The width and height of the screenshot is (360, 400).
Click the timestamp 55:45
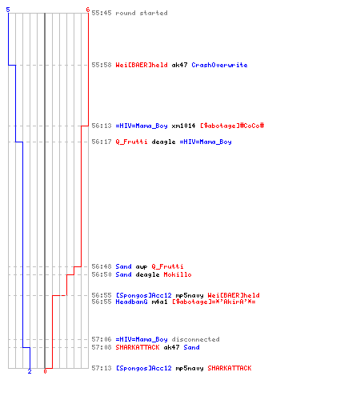[x=102, y=13]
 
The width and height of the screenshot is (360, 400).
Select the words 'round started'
[x=142, y=13]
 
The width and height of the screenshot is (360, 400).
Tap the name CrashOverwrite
[x=219, y=65]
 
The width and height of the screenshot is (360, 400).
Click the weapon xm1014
[x=183, y=126]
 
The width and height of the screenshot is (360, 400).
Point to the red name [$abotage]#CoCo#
[x=232, y=126]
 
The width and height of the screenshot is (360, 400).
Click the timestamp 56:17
[x=102, y=142]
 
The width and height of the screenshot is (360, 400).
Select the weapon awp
[x=142, y=266]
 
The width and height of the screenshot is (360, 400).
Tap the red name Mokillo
[x=178, y=274]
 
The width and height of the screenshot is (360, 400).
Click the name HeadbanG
[x=131, y=302]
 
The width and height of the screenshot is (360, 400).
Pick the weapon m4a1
[x=159, y=302]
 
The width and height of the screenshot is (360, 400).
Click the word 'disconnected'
[x=195, y=339]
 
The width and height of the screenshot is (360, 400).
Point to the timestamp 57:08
[x=102, y=347]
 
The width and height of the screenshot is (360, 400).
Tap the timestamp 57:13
[x=102, y=368]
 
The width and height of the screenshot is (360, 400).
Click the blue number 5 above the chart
[x=8, y=10]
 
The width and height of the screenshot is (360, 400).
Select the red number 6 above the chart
[x=88, y=10]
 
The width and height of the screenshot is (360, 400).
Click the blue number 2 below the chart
[x=30, y=371]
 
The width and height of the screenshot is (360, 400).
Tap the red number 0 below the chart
[x=45, y=371]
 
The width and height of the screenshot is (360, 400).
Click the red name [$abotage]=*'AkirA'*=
[x=214, y=302]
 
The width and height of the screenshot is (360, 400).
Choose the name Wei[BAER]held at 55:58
[x=142, y=65]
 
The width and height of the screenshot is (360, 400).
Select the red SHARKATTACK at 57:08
[x=138, y=347]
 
